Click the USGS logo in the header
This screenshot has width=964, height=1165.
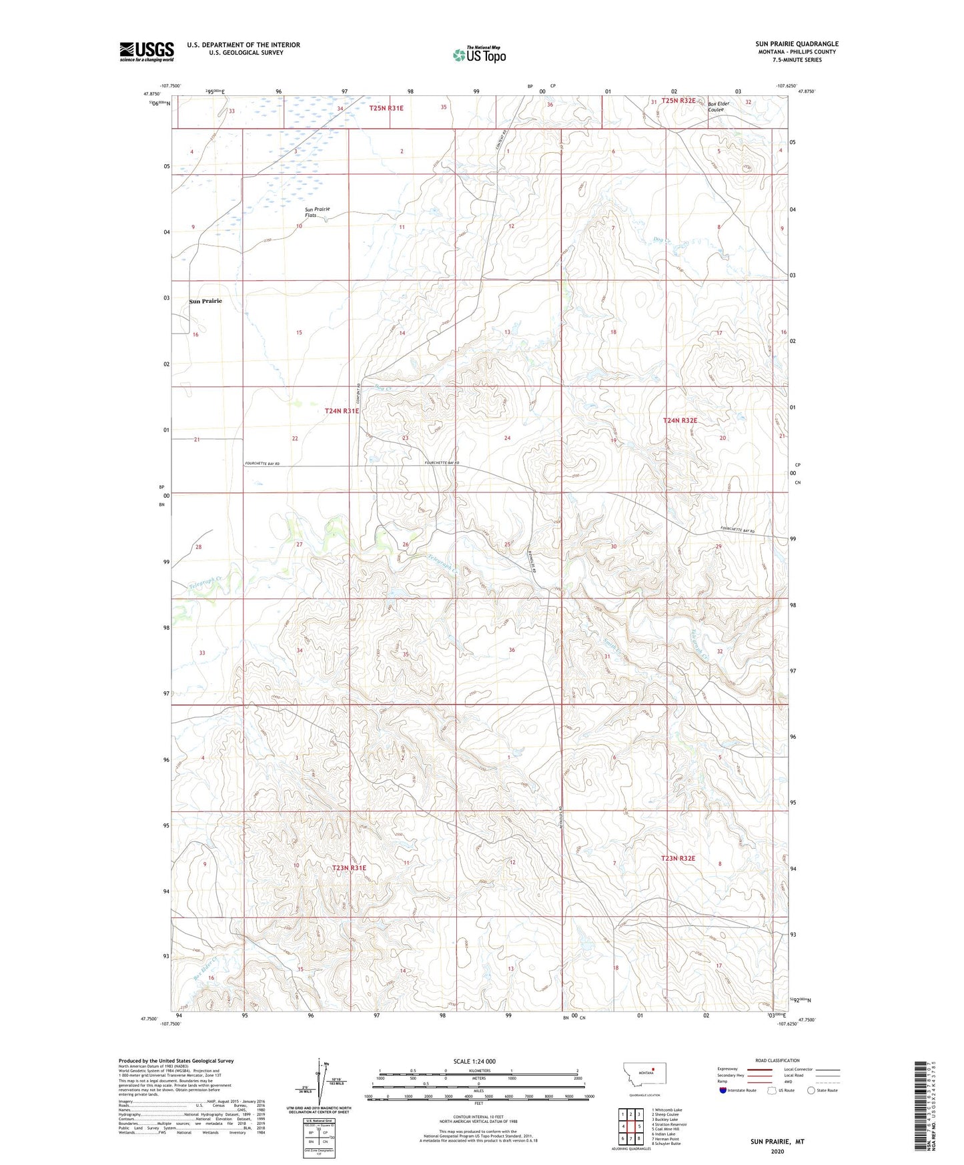point(147,51)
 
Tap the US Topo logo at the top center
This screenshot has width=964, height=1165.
point(479,55)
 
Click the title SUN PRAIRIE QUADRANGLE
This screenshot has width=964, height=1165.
point(797,43)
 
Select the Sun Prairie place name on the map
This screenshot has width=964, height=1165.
point(205,301)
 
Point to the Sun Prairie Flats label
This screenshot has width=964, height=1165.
point(317,212)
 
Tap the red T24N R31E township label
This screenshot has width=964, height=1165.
point(342,411)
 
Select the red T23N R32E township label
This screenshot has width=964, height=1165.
point(678,858)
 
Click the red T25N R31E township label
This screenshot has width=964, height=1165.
point(386,107)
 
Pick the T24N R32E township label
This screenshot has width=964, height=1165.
point(680,420)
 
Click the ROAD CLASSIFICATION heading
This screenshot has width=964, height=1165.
point(777,1060)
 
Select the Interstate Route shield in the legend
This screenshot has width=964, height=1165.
point(724,1090)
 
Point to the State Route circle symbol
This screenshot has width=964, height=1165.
point(811,1090)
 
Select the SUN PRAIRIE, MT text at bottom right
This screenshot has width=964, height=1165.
point(777,1142)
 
